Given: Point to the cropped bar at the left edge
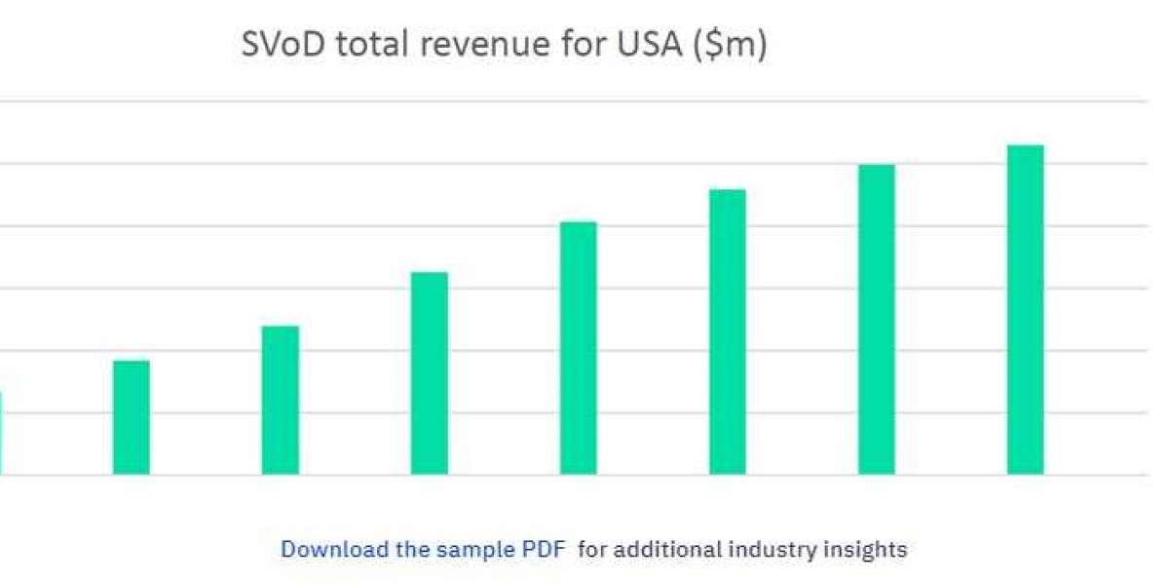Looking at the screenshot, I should point(1,433).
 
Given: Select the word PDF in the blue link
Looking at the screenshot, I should point(543,549).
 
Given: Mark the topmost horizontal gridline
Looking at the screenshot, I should point(584,101).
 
